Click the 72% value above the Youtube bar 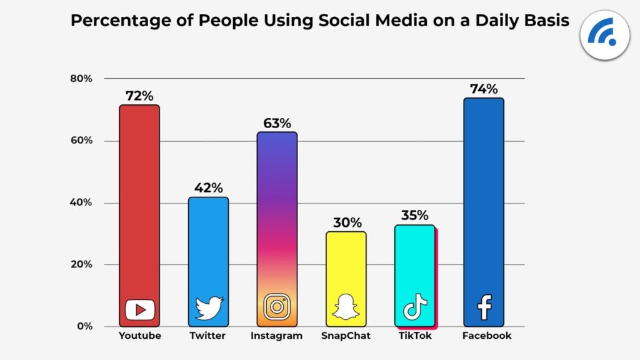pos(139,96)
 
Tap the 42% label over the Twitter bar pos(208,188)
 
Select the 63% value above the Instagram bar pos(277,123)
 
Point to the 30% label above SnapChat pos(346,222)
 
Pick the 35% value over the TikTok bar pos(414,216)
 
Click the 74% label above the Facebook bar pos(483,89)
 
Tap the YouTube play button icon pos(139,309)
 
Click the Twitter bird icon pos(209,309)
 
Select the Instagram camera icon pos(277,307)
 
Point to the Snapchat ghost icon pos(346,308)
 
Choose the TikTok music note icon pos(415,307)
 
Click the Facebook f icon pos(484,308)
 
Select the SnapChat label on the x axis pos(346,336)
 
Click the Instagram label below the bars pos(276,336)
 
